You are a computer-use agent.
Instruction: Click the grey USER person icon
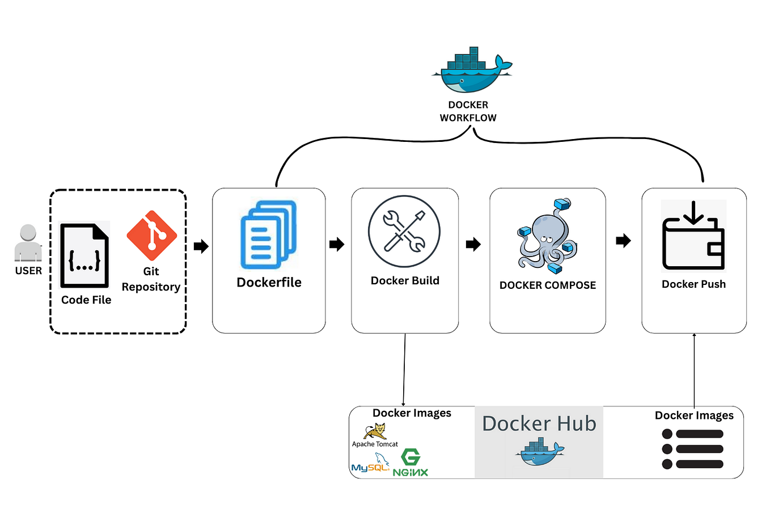(28, 243)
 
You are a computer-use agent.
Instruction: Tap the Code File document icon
(84, 256)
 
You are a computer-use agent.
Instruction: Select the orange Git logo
(151, 236)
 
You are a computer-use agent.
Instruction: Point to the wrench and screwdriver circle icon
(404, 231)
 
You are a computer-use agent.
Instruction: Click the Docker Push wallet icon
(693, 237)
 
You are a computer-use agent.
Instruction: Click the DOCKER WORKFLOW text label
(468, 111)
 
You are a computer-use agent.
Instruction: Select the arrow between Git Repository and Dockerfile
(201, 246)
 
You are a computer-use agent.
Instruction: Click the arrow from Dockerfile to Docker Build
(337, 244)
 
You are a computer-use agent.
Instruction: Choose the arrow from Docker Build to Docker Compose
(473, 244)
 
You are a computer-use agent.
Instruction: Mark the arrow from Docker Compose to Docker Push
(623, 241)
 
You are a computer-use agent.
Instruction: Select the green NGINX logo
(411, 463)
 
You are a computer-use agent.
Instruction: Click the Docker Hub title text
(539, 423)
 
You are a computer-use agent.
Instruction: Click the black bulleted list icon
(692, 449)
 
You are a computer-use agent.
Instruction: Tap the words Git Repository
(151, 279)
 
